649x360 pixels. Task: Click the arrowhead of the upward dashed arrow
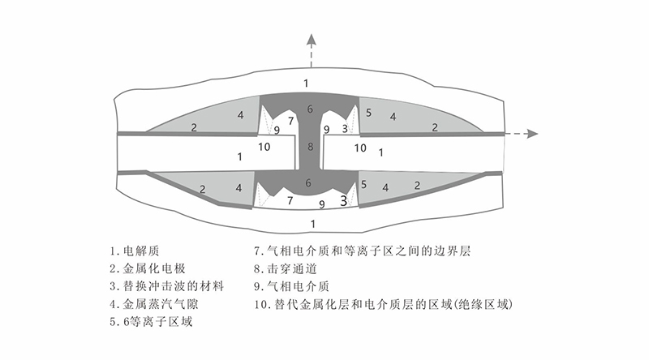coord(309,39)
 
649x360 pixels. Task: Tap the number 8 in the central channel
coord(309,147)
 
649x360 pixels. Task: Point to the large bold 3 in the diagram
coord(344,199)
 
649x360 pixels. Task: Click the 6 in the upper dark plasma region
coord(309,109)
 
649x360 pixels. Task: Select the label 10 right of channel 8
coord(361,148)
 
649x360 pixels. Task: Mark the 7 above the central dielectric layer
coord(290,121)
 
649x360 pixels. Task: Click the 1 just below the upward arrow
coord(306,84)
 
